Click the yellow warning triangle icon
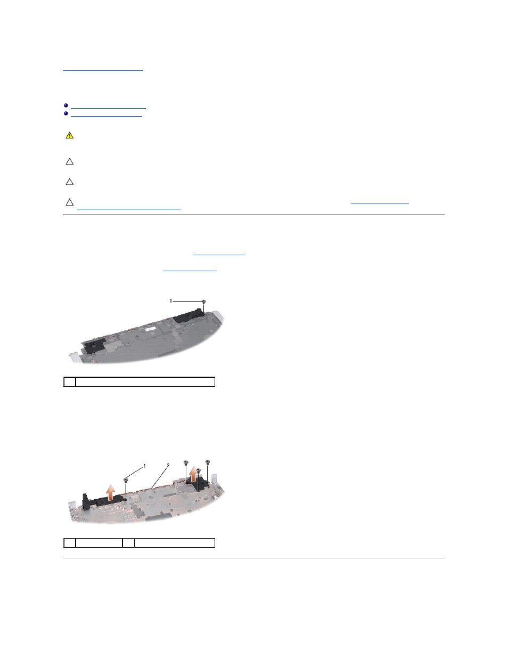(x=70, y=135)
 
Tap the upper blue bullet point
(x=66, y=105)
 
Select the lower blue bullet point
(x=66, y=113)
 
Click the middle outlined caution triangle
(x=70, y=182)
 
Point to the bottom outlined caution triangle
(x=70, y=202)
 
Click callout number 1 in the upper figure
(x=171, y=301)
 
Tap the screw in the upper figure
(x=204, y=301)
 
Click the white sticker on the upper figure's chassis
(x=150, y=328)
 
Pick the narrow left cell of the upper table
(x=70, y=382)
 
